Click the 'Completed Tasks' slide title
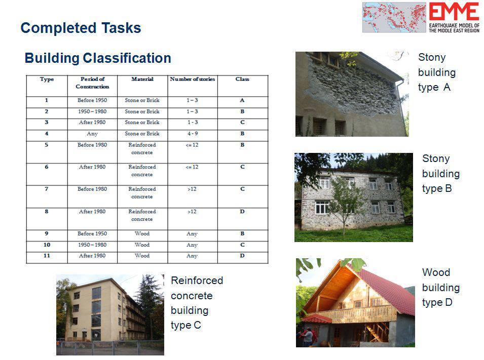click(81, 28)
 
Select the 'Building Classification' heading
click(98, 58)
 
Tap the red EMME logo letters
click(454, 12)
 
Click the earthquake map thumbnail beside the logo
click(394, 17)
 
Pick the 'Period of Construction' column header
click(92, 83)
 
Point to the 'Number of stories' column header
click(192, 79)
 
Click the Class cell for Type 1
click(242, 100)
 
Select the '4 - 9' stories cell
click(192, 134)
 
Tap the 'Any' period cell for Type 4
click(92, 134)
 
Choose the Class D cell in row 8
click(242, 212)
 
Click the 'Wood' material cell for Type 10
click(142, 245)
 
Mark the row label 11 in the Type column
click(47, 256)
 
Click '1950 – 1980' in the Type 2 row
click(92, 112)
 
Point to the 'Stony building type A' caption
click(437, 72)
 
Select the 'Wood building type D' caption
click(441, 288)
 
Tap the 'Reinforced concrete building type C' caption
click(197, 303)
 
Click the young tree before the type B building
click(344, 204)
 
